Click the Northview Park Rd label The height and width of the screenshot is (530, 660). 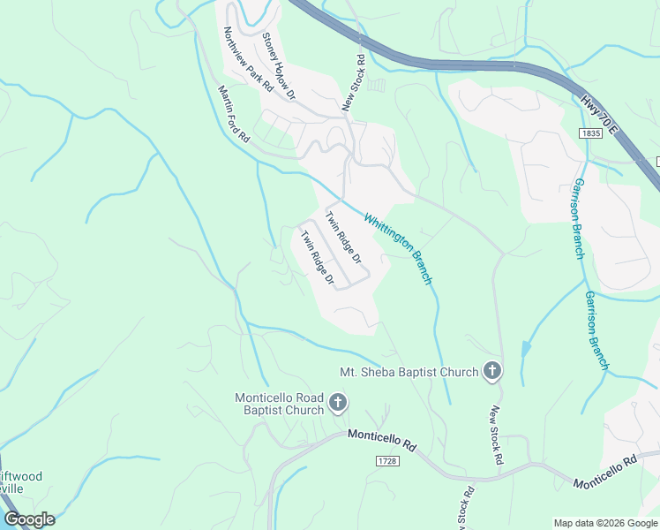[x=248, y=60]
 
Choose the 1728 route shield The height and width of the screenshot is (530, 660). [x=386, y=462]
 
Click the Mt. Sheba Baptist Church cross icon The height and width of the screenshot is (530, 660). [x=492, y=372]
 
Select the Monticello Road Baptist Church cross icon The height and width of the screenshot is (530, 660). [x=337, y=405]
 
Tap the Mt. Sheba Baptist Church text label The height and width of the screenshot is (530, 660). [x=409, y=372]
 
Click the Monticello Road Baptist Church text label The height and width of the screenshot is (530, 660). [x=279, y=404]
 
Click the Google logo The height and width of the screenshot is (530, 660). [x=29, y=519]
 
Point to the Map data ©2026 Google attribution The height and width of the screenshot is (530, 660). [x=604, y=523]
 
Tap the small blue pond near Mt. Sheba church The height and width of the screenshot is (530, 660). [x=526, y=348]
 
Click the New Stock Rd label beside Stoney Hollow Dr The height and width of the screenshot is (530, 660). [x=354, y=84]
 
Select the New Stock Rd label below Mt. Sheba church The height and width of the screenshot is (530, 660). [x=496, y=436]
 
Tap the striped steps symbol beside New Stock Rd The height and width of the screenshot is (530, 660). [x=377, y=86]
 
